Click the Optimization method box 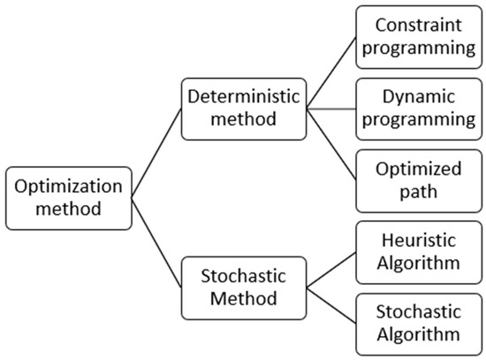(x=67, y=199)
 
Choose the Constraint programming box (x=417, y=34)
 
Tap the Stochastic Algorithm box (x=417, y=323)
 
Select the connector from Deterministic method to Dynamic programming (x=330, y=111)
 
